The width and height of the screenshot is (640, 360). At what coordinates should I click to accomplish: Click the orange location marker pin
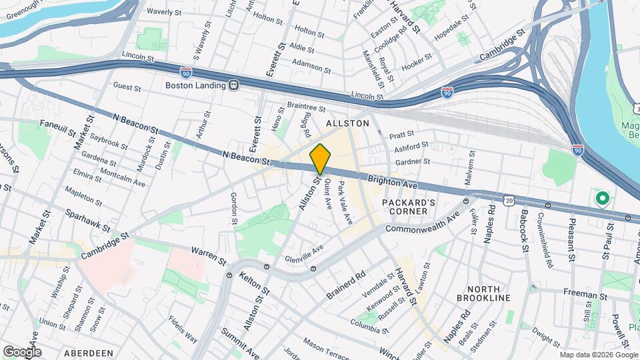click(x=320, y=159)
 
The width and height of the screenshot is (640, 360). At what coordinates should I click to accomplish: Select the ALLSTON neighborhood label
click(x=347, y=124)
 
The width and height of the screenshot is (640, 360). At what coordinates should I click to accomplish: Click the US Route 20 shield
click(x=509, y=200)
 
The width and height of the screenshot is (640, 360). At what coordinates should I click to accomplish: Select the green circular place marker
click(x=603, y=198)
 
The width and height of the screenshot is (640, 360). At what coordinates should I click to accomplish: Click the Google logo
click(x=21, y=351)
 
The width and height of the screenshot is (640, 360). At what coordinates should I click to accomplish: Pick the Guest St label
click(x=127, y=87)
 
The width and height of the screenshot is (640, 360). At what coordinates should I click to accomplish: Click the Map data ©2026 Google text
click(x=598, y=355)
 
